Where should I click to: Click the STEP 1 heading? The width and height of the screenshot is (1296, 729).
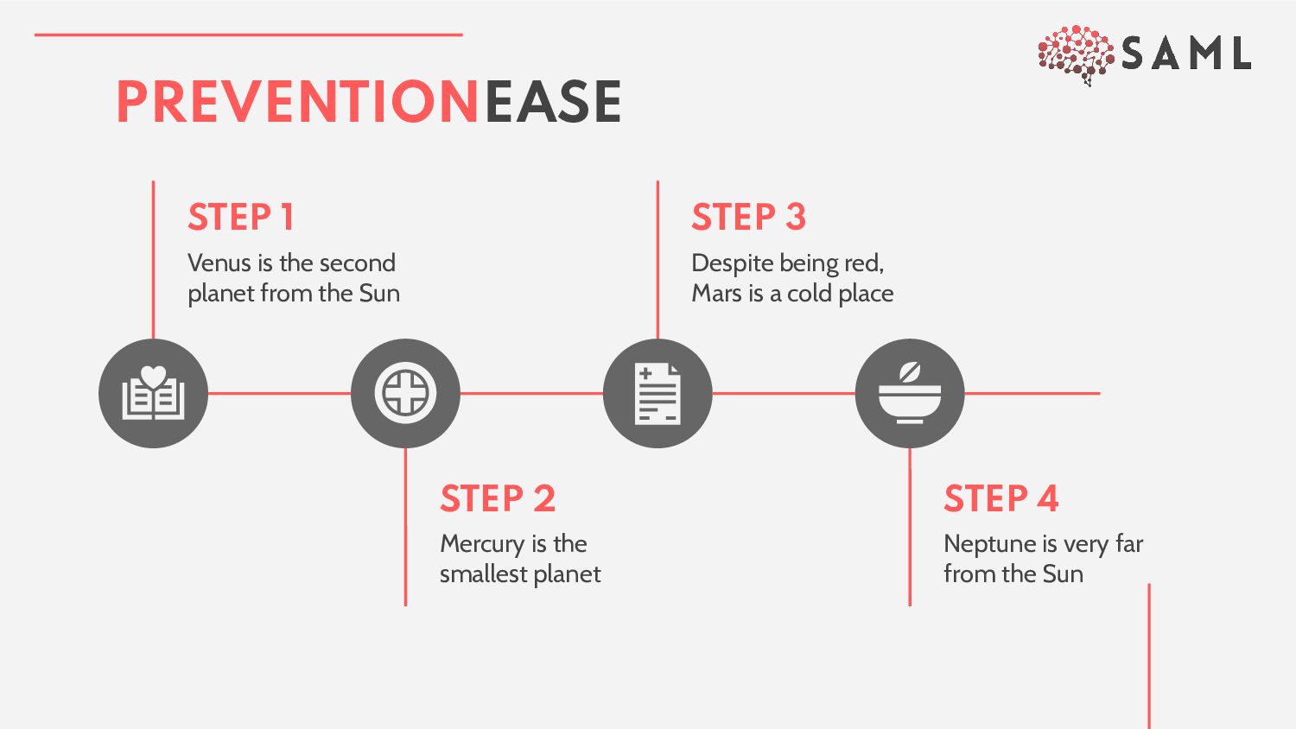[241, 217]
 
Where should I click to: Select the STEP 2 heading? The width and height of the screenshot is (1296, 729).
[497, 498]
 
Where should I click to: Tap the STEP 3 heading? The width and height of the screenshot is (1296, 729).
[748, 217]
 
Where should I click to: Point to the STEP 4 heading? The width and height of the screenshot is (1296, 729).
[1001, 498]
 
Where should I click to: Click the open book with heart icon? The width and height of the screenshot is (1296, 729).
[153, 394]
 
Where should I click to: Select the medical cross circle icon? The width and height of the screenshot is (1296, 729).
[405, 394]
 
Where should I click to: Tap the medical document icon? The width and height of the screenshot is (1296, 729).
[658, 394]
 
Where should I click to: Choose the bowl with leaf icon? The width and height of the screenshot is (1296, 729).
[910, 394]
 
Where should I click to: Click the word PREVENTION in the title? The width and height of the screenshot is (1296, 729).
[298, 102]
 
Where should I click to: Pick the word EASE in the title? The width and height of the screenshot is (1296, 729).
[553, 102]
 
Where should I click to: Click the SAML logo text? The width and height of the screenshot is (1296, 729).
[1185, 54]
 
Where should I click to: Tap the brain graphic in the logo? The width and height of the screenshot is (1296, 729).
[1076, 54]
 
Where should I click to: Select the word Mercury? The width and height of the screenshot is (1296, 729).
[482, 544]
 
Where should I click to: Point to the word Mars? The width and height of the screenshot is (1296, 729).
[716, 294]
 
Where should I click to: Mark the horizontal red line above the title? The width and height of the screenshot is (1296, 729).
[248, 35]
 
